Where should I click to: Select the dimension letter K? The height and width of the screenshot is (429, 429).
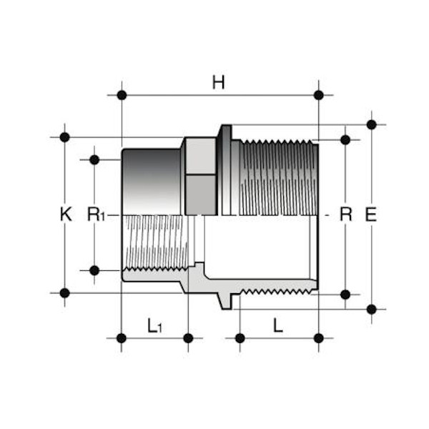coord(66,214)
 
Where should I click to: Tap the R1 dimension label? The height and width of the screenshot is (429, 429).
coord(96,214)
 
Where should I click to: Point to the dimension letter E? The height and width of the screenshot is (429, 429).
coord(370,214)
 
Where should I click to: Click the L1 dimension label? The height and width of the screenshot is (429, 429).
coord(155,326)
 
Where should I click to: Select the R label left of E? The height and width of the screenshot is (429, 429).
coord(346,214)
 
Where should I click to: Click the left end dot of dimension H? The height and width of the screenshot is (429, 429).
coord(122,95)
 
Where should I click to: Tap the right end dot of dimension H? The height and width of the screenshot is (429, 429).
coord(319,95)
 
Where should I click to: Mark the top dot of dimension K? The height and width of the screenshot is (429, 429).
coord(65,137)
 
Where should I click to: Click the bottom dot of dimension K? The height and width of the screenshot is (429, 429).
coord(65,292)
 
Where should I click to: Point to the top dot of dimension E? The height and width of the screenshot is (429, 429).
coord(371,124)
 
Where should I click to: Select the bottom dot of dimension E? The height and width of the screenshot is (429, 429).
coord(371,309)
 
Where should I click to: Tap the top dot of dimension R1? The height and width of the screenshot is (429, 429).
coord(94,159)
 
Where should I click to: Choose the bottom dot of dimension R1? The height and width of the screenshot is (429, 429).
coord(94,270)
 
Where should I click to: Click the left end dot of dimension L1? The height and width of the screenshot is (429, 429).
coord(122,337)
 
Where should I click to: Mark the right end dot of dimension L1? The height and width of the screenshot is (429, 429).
coord(188,337)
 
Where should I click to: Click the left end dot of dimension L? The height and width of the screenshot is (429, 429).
coord(240,337)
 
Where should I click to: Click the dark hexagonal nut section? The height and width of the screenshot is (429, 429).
coord(200,175)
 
